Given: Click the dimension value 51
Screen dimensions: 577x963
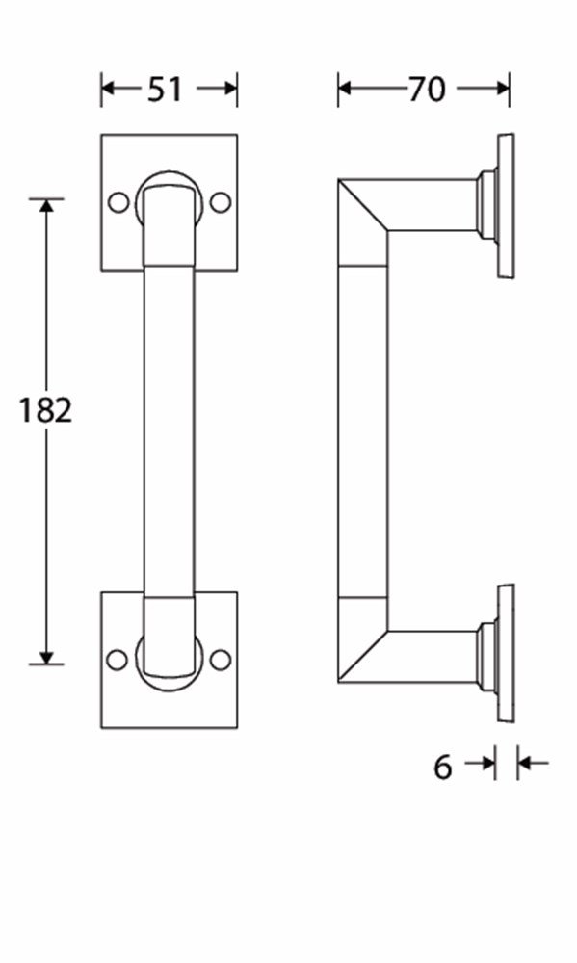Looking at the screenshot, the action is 165,90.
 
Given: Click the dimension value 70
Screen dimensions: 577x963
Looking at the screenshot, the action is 427,90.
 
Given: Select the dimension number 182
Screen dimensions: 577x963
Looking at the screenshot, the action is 45,410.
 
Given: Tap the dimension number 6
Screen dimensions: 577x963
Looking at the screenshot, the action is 442,767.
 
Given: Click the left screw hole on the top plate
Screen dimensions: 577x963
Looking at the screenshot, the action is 118,202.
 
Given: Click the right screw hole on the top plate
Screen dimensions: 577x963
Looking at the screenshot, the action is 221,202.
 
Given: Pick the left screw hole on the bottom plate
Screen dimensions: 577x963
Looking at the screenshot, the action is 118,660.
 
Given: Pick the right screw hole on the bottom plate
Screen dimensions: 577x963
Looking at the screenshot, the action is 220,660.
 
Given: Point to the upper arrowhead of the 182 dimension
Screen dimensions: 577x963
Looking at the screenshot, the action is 46,206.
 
